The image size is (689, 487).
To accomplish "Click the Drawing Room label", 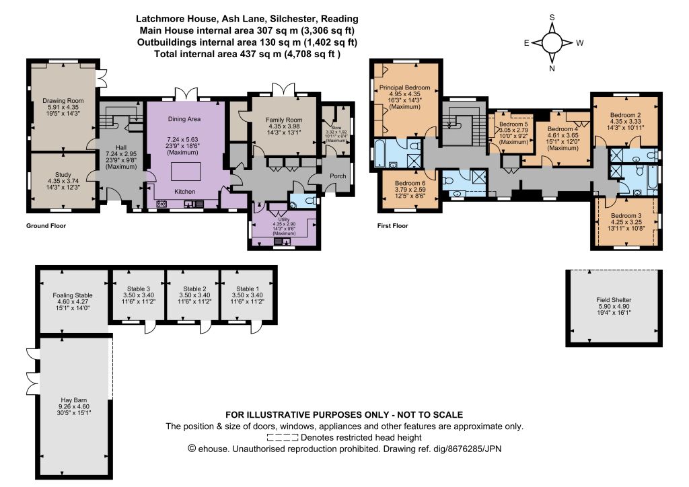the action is point(63,101).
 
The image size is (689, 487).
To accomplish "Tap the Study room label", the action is point(63,174).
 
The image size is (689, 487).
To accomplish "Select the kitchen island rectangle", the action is point(186,172).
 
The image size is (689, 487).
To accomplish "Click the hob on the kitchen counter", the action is point(161,204).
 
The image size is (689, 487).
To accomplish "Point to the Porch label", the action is point(338,176).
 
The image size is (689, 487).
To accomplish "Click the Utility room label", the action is point(284,219).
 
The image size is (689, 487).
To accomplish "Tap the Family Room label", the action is point(284,120).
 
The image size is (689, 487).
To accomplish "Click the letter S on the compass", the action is point(552,17).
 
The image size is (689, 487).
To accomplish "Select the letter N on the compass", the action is point(552,69).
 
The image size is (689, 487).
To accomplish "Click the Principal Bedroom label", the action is point(404,87).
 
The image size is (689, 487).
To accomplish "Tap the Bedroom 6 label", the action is point(410,183).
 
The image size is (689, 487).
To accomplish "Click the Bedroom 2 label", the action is point(625,115).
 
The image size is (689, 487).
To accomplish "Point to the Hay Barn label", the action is point(74,400).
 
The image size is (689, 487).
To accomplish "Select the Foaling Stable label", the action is point(73,295).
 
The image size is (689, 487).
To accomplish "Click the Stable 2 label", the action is point(194,289).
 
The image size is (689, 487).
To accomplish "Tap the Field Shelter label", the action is point(614,300).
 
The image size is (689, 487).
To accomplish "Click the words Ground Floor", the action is point(46,226).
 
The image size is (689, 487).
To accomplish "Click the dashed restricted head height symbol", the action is point(283,437).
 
